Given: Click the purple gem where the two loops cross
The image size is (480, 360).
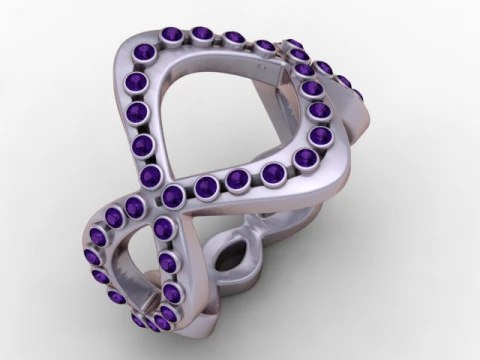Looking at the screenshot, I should tap(176, 193).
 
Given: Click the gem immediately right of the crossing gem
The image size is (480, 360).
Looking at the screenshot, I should tap(208, 186).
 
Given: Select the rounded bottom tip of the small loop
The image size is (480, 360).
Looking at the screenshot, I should tap(150, 335).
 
